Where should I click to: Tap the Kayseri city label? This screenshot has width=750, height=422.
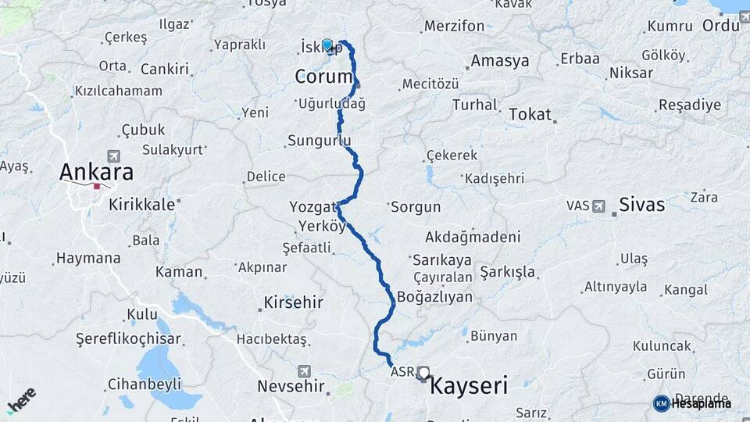tap(469, 385)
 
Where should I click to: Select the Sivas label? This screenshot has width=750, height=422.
tap(641, 205)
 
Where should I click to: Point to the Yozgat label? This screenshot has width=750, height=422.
tap(312, 207)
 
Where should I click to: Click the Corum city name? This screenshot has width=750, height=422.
tap(323, 77)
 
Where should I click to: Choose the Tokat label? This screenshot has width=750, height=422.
tap(530, 114)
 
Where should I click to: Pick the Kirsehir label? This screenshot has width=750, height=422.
tap(294, 302)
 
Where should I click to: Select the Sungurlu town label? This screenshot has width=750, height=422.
tap(319, 141)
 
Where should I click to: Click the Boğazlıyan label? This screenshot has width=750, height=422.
tap(434, 297)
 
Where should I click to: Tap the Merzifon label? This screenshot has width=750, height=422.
tap(454, 26)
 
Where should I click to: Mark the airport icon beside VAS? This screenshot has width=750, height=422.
tap(599, 206)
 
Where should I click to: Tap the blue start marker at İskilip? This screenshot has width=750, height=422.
tap(327, 45)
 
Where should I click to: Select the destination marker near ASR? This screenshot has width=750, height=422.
tap(423, 374)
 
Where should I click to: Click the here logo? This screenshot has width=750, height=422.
tap(22, 399)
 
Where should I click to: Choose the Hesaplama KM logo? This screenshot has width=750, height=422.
tap(691, 403)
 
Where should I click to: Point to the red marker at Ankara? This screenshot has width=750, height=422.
tap(97, 186)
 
